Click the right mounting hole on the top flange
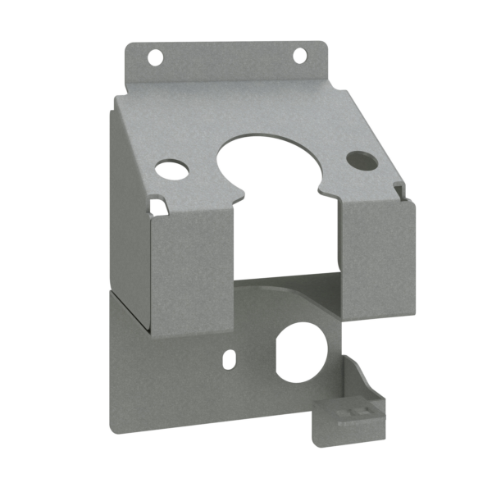(299, 55)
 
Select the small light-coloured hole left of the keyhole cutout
(171, 171)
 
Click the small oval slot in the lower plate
(230, 359)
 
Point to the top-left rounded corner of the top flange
(129, 48)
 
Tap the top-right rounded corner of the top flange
(323, 46)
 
